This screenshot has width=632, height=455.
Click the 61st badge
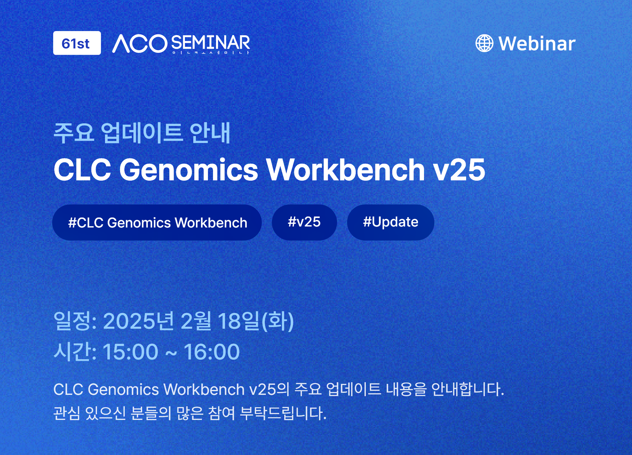77,43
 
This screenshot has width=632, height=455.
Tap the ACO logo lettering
140,43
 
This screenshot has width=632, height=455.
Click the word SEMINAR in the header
211,42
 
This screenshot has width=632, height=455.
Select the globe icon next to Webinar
484,43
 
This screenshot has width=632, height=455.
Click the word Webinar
537,43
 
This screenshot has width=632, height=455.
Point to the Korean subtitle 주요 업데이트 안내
142,133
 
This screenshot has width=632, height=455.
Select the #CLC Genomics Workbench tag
157,222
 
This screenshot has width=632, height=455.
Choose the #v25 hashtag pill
304,222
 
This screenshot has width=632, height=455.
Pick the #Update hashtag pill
391,222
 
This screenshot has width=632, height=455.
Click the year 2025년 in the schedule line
138,321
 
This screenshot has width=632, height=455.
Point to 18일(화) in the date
256,321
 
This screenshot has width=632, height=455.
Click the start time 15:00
130,352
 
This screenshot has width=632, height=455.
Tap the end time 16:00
212,352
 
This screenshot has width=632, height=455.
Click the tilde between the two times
171,353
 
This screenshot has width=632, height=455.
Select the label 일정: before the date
75,321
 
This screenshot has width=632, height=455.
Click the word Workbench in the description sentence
204,390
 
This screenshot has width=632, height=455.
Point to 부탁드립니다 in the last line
283,413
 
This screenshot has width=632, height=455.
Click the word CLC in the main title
83,170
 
